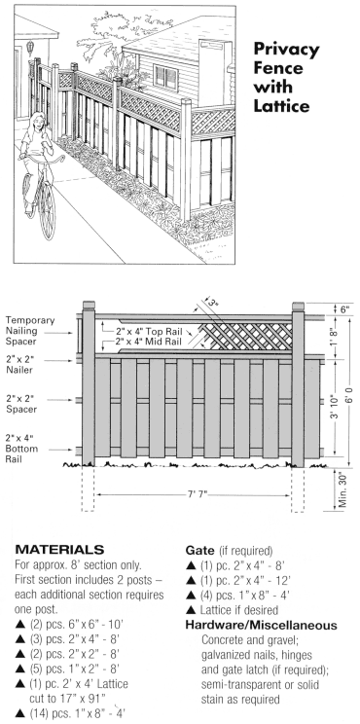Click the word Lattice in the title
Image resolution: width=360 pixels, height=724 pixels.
(x=281, y=106)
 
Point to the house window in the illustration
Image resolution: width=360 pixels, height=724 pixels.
(x=164, y=77)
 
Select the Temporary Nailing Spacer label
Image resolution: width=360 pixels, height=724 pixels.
(x=30, y=331)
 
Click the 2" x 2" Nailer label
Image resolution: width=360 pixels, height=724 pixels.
(x=18, y=364)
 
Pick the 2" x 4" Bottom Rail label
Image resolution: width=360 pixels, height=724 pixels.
(x=21, y=448)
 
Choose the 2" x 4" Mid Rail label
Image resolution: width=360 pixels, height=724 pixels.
(x=144, y=343)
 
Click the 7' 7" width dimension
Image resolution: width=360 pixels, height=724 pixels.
(x=198, y=495)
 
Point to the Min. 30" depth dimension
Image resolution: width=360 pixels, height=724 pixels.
(x=342, y=489)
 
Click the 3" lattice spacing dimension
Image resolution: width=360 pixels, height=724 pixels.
(x=213, y=303)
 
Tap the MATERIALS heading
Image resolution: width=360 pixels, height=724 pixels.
(x=59, y=550)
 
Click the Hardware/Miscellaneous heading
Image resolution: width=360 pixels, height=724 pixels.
(x=261, y=625)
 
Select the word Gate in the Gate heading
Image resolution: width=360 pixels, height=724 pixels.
(x=199, y=551)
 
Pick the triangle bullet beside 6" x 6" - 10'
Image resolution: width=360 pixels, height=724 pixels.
(x=19, y=625)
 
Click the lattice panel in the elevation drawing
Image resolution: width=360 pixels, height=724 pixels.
(x=246, y=336)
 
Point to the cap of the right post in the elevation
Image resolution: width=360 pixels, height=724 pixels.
(x=298, y=307)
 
